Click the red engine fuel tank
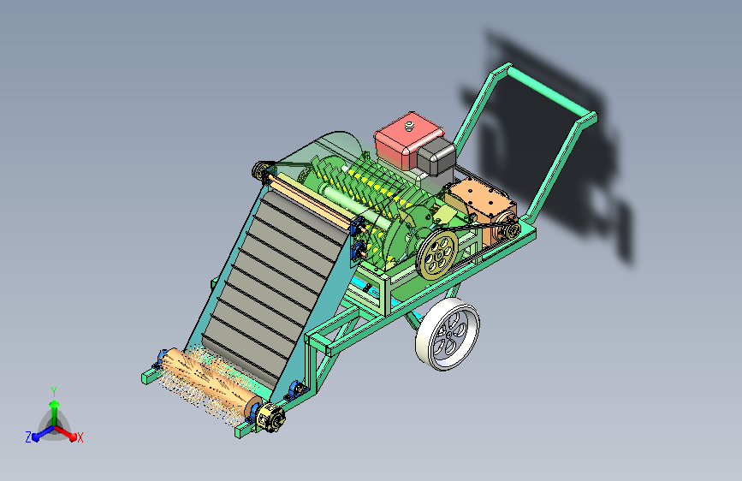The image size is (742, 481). [x=407, y=140]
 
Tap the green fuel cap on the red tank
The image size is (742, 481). [x=409, y=126]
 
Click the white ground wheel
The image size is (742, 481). [x=448, y=334]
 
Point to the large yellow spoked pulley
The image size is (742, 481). [x=436, y=255]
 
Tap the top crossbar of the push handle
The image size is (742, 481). [x=551, y=92]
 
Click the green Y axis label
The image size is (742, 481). [x=54, y=392]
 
